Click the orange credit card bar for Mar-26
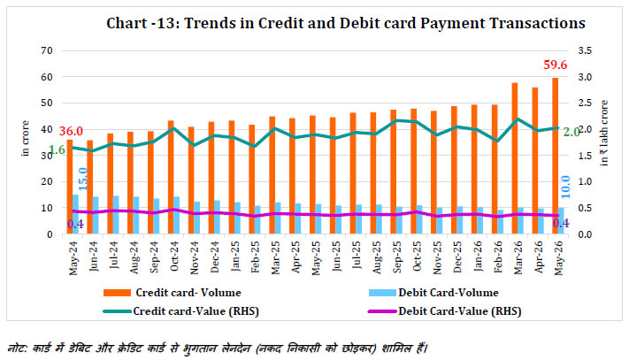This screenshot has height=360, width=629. tap(515, 158)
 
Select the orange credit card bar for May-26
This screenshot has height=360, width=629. tap(556, 156)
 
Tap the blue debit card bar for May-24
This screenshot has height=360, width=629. tap(75, 214)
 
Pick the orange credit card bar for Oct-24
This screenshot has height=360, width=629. tap(171, 177)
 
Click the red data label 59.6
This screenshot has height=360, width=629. tap(556, 65)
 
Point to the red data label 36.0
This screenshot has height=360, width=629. tap(71, 131)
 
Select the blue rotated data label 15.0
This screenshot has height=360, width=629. tap(82, 180)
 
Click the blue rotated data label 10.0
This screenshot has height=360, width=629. tap(565, 187)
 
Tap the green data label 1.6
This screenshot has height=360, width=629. tap(57, 150)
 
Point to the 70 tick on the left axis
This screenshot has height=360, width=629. tap(47, 50)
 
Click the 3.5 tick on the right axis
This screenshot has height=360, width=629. tap(585, 50)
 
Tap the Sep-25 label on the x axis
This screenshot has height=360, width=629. tap(396, 257)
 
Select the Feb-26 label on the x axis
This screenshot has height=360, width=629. tap(497, 257)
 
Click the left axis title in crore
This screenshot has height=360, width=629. tap(26, 138)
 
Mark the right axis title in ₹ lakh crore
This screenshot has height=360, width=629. tap(603, 133)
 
